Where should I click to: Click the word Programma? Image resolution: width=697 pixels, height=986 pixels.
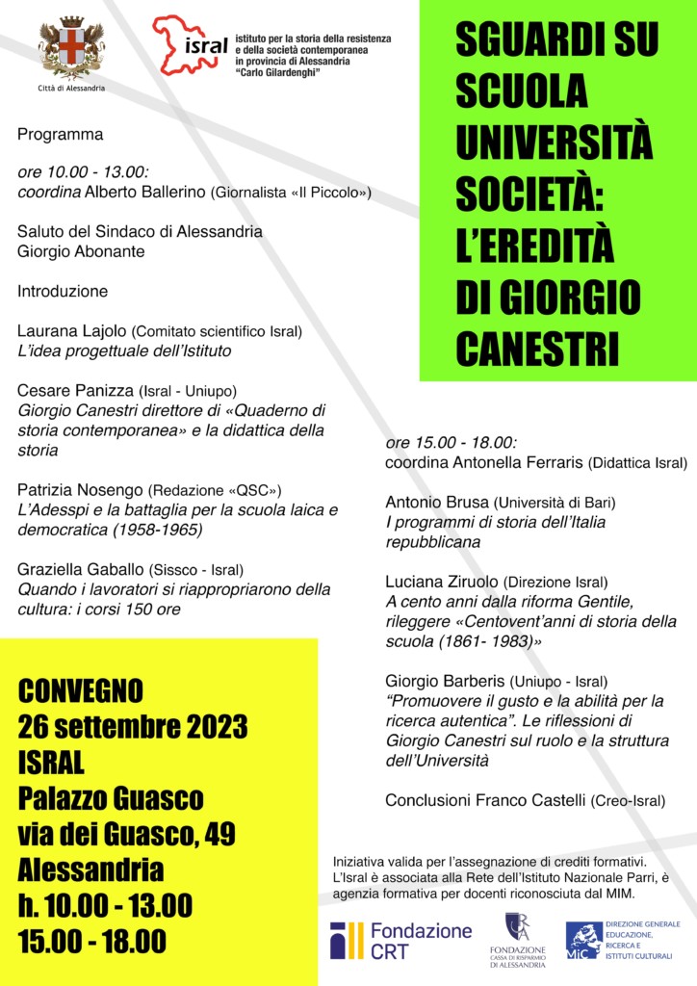[60, 135]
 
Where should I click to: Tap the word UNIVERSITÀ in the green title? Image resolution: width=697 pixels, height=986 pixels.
[554, 143]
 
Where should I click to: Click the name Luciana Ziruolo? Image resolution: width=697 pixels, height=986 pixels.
[442, 582]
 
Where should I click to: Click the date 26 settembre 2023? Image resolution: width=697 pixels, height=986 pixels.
[133, 724]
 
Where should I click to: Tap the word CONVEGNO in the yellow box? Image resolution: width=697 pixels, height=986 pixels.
[81, 690]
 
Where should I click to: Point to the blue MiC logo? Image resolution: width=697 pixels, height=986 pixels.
[583, 939]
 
